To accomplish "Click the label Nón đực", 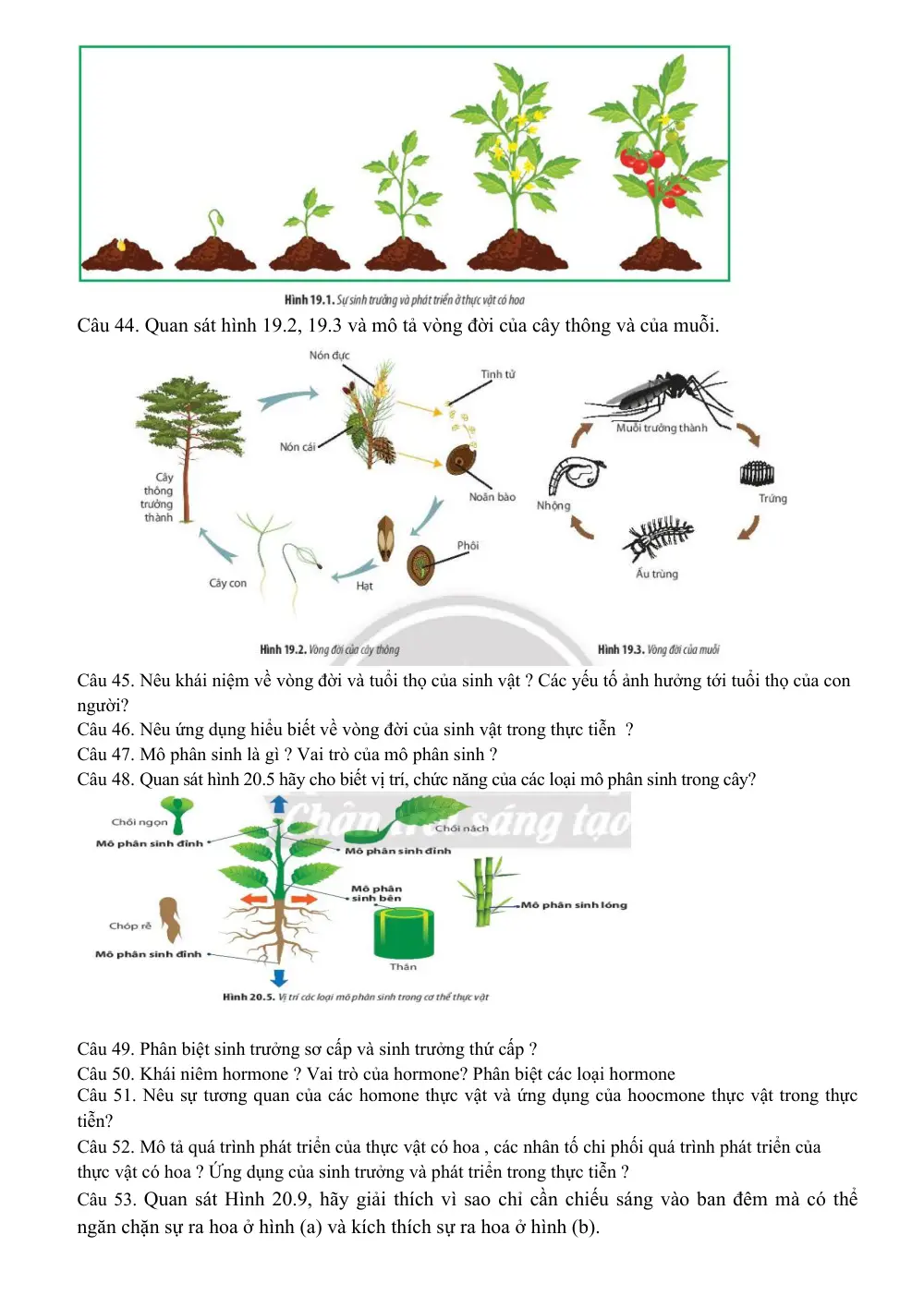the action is pos(329,355).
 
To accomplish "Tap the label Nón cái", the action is pos(298,446).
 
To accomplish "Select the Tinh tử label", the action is pos(498,374).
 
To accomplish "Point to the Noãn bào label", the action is pos(492,497).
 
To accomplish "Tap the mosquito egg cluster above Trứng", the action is pos(757,473).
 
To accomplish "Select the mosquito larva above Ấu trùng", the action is pos(658,535).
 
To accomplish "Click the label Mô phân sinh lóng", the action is pos(574,905).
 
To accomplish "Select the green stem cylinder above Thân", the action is pos(404,933).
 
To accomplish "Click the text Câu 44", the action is pos(108,325).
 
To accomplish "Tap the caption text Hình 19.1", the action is pos(309,300).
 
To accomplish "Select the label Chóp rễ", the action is pos(129,926).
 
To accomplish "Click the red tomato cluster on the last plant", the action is pos(642,161).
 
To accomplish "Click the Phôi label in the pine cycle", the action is pos(467,545).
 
